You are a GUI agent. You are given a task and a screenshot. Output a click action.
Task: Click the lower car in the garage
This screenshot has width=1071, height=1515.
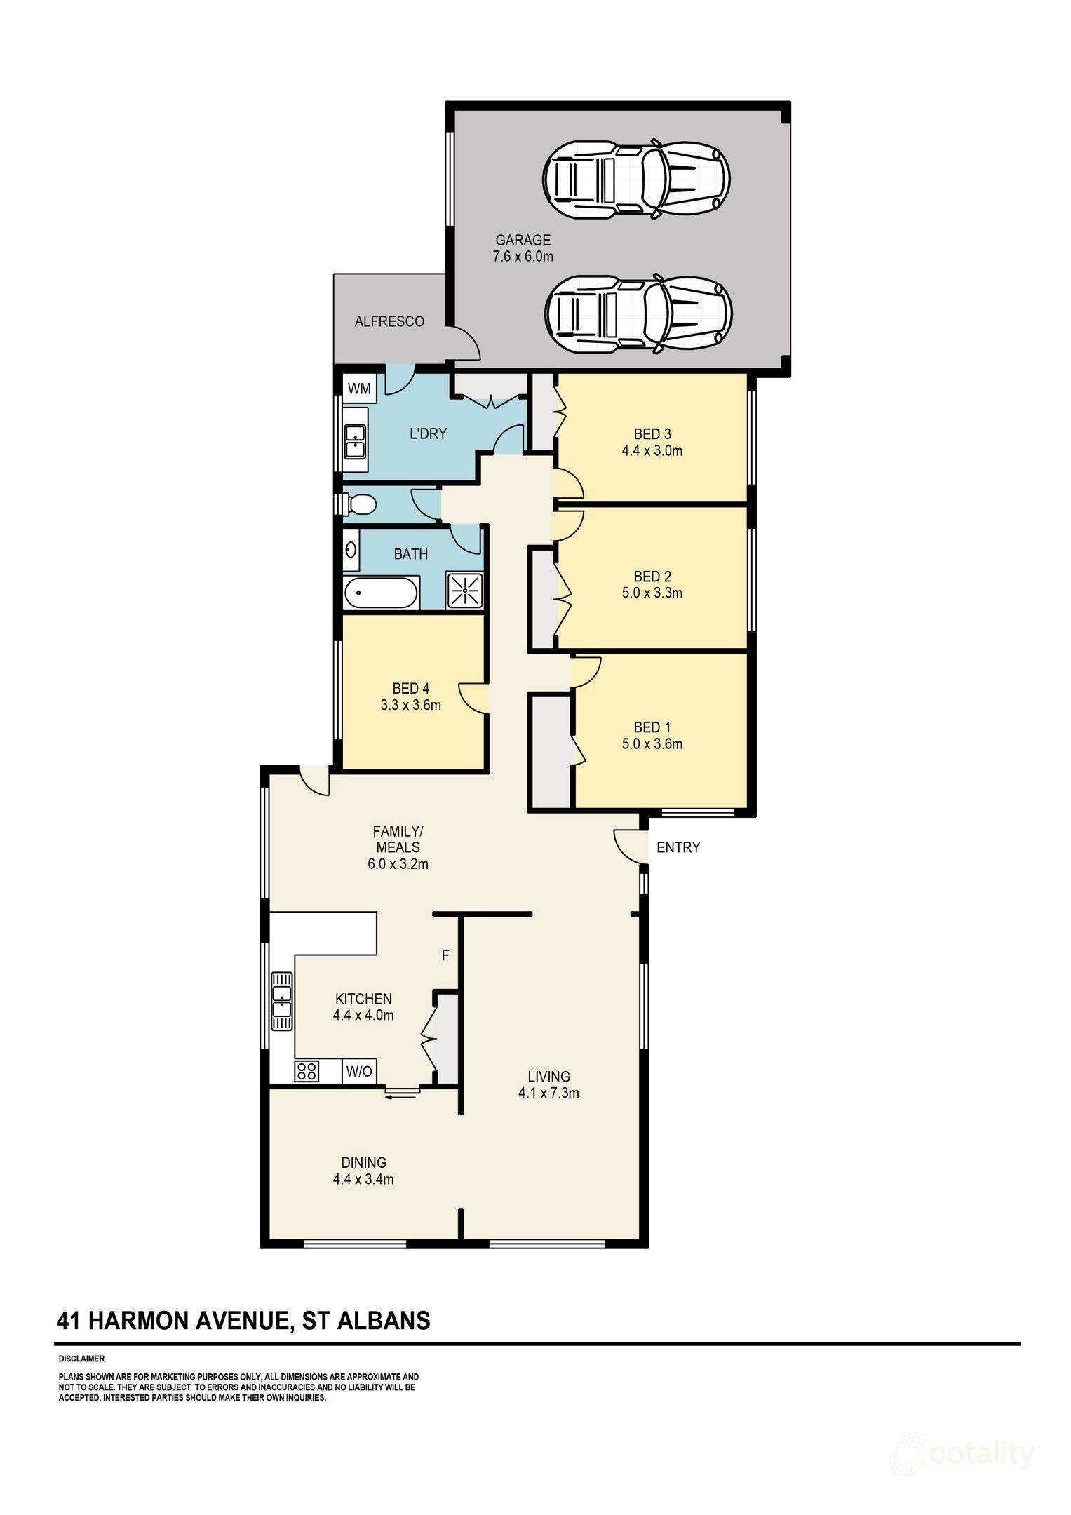pyautogui.click(x=639, y=313)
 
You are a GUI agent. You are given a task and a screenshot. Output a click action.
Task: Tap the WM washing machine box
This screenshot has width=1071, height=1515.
pyautogui.click(x=359, y=388)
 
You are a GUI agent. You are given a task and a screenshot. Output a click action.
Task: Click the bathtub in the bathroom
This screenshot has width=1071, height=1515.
pyautogui.click(x=382, y=593)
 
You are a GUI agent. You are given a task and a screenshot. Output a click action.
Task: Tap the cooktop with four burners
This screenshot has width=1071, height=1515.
pyautogui.click(x=307, y=1071)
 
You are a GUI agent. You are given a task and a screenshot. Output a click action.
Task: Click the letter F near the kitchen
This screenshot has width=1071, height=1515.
pyautogui.click(x=445, y=955)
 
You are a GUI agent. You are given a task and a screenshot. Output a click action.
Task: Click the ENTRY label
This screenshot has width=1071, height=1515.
pyautogui.click(x=678, y=847)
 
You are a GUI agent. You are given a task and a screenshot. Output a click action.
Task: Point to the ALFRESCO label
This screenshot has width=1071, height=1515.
pyautogui.click(x=389, y=321)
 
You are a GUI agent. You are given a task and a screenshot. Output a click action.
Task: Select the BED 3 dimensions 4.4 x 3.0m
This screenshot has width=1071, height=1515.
pyautogui.click(x=652, y=451)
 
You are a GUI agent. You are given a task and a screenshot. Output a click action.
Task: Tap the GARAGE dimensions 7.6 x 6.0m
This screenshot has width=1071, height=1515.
pyautogui.click(x=523, y=257)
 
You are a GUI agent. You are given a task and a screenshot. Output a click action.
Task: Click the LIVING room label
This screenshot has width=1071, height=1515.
pyautogui.click(x=548, y=1076)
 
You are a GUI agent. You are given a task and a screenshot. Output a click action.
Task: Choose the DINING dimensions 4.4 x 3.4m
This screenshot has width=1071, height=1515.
pyautogui.click(x=363, y=1179)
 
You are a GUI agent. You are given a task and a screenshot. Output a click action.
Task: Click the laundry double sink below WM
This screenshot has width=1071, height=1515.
pyautogui.click(x=356, y=440)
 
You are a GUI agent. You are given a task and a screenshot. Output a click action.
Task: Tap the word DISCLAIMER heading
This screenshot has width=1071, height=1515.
pyautogui.click(x=81, y=1359)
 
